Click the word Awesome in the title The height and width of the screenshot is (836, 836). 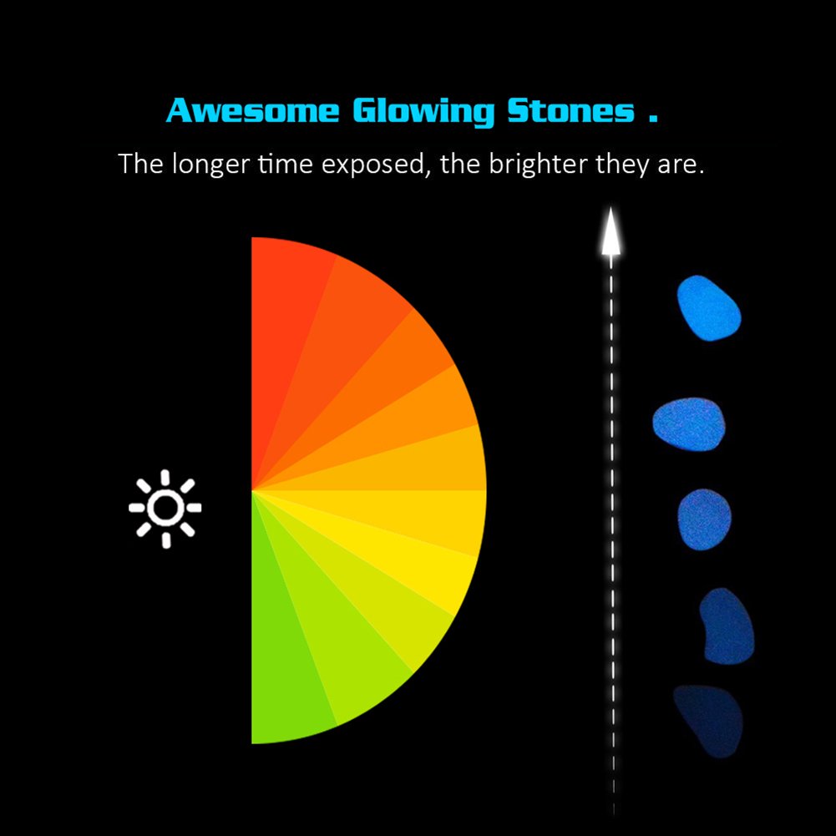tap(253, 110)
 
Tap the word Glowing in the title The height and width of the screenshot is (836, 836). tap(424, 112)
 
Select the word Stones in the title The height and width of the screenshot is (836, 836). tap(571, 110)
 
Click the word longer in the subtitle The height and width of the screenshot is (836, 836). tap(210, 165)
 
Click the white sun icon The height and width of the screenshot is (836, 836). tap(165, 508)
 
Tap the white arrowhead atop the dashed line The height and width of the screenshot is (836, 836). tap(611, 232)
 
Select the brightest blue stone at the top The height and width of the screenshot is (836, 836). tap(708, 308)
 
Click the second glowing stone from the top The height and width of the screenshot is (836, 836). tap(689, 424)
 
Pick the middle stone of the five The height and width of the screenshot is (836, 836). tap(704, 519)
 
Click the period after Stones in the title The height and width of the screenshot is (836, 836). tap(653, 119)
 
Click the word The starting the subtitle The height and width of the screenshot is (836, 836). tap(141, 163)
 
